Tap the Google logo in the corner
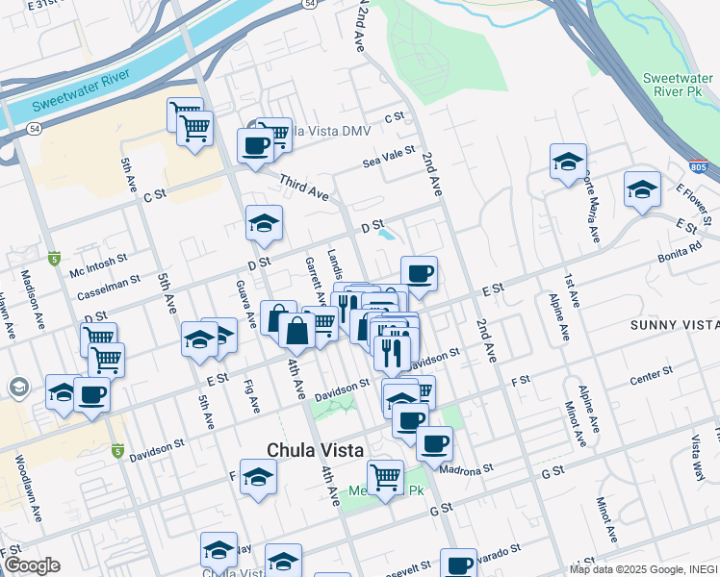[x=31, y=565]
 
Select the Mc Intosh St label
[x=96, y=261]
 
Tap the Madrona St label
[x=466, y=470]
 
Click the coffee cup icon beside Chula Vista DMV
[x=255, y=146]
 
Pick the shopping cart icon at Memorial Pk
[x=385, y=475]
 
